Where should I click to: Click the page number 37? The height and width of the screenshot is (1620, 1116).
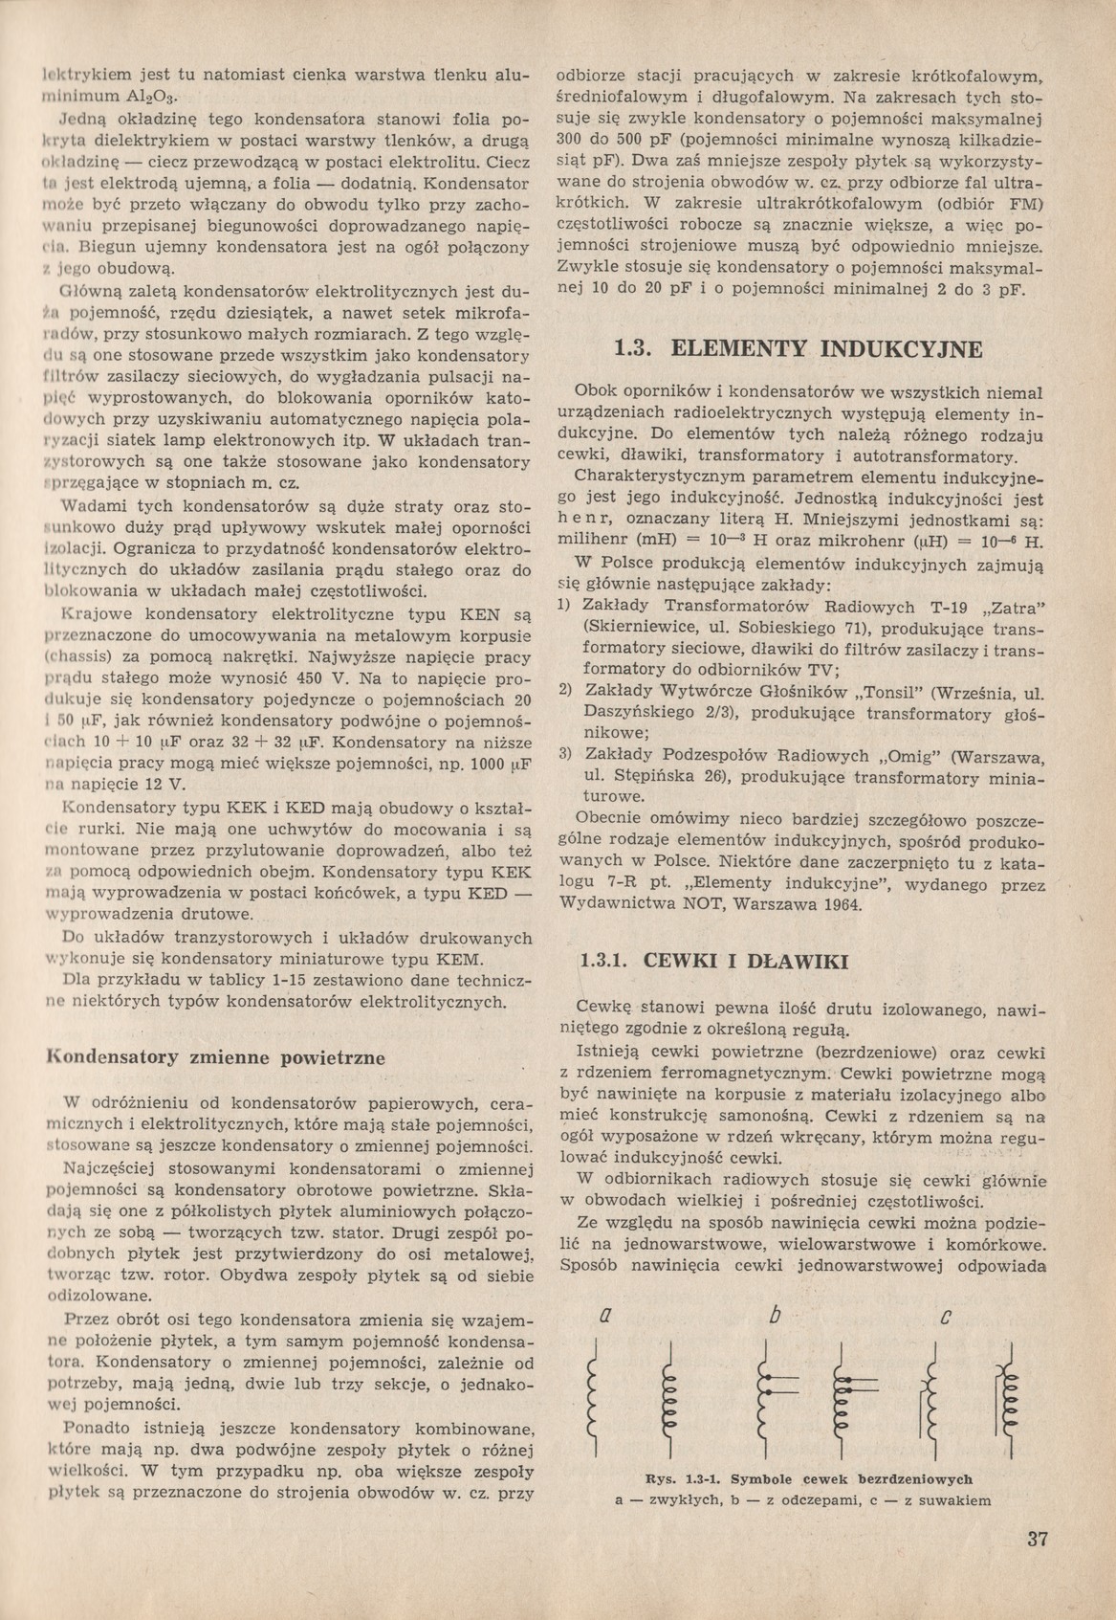[x=1037, y=1539]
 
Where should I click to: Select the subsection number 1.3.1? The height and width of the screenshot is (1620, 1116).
[x=604, y=960]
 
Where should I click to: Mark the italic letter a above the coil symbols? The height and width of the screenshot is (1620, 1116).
[x=603, y=1317]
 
